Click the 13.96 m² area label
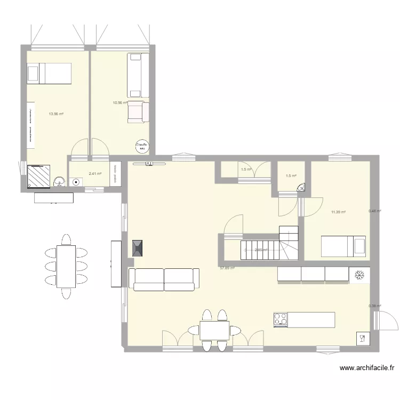(56, 114)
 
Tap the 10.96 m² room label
(120, 102)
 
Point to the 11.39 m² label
(338, 212)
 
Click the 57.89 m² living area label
(227, 268)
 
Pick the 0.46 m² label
(374, 211)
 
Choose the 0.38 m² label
(374, 306)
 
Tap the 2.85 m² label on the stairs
(261, 250)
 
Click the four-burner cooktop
(281, 319)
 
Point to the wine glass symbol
(362, 337)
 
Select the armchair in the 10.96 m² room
(138, 110)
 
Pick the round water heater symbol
(141, 145)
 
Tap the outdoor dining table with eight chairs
(66, 266)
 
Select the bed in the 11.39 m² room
(343, 246)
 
